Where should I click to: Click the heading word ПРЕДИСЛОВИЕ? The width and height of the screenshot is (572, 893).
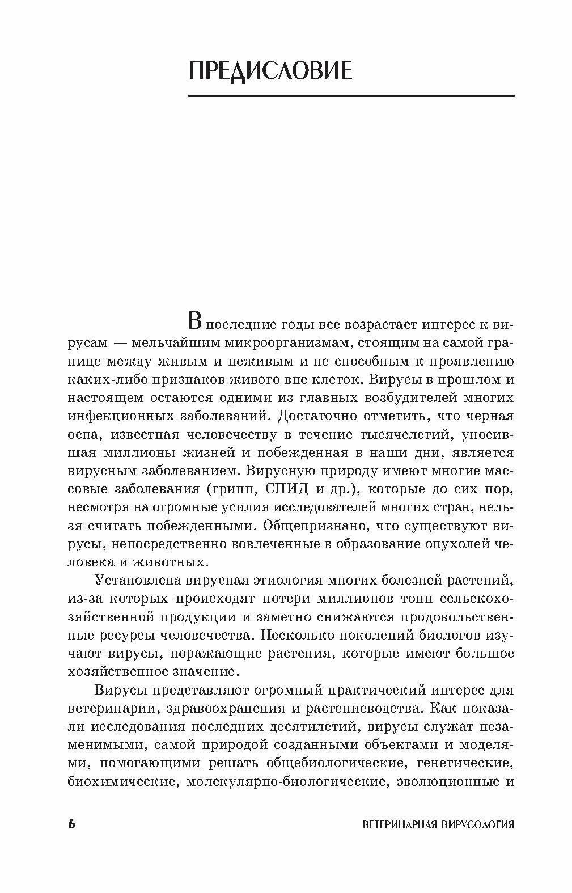tap(269, 71)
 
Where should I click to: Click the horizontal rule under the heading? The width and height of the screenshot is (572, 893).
tap(351, 96)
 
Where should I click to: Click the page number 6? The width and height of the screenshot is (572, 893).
tap(71, 824)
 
